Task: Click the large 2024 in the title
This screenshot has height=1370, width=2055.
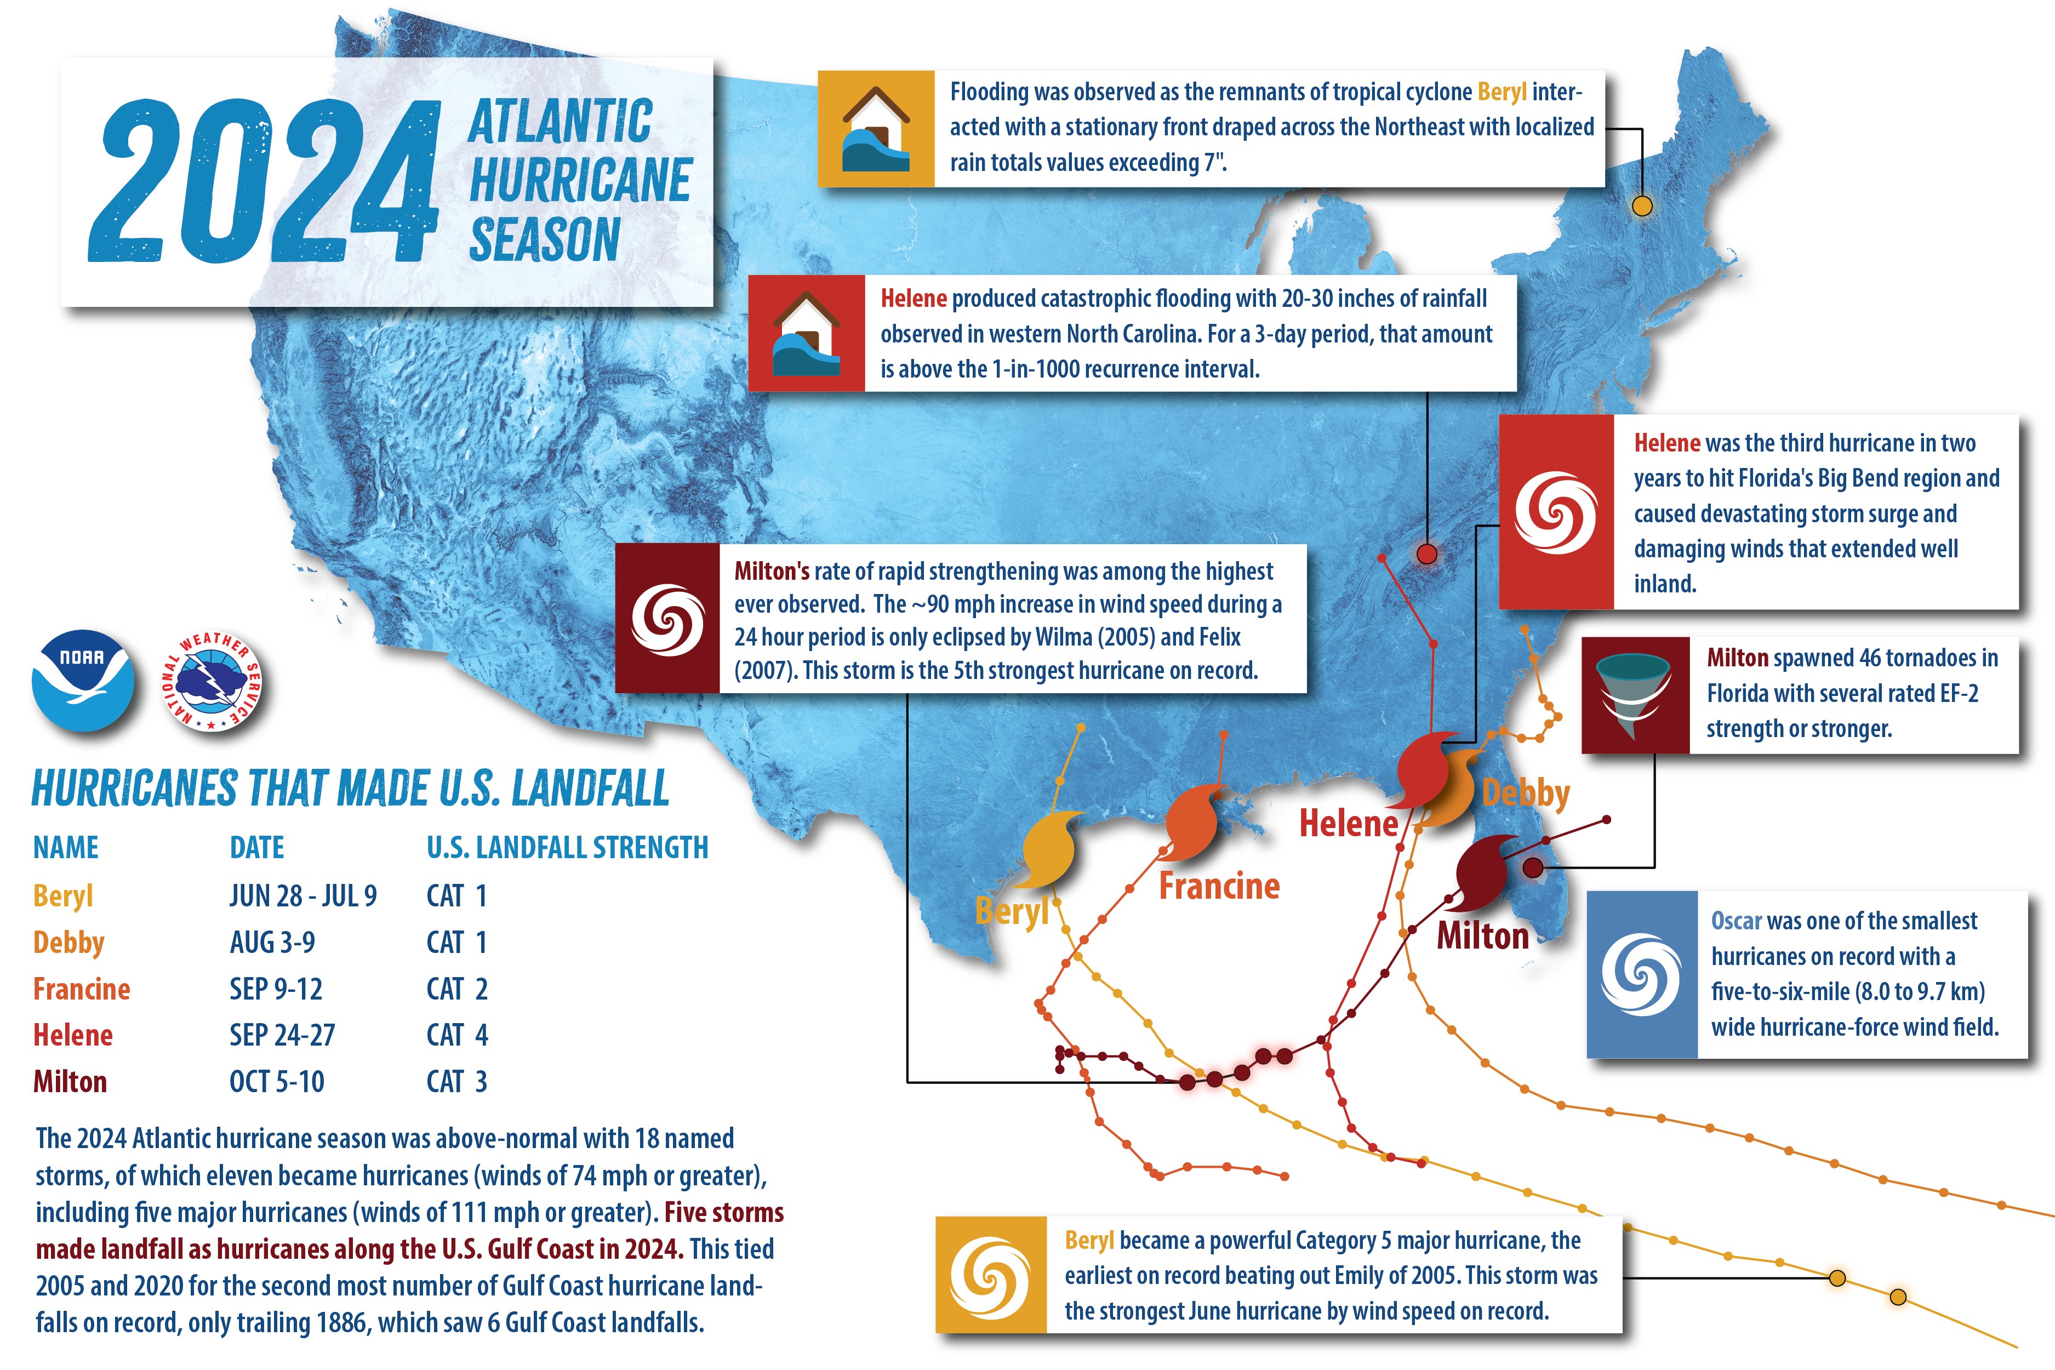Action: click(x=262, y=182)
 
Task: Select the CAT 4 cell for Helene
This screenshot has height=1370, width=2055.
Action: click(x=457, y=1035)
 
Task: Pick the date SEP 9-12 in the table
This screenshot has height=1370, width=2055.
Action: click(x=276, y=989)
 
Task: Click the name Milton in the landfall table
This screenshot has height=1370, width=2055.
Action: click(x=70, y=1082)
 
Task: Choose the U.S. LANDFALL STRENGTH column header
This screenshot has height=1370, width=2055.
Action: click(x=567, y=848)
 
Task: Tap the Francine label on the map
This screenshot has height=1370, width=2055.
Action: click(x=1219, y=886)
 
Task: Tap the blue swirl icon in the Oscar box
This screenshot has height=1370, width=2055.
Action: click(x=1641, y=974)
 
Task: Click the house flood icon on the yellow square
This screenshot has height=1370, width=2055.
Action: click(x=876, y=128)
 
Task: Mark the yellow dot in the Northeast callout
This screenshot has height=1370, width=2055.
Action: click(x=1642, y=206)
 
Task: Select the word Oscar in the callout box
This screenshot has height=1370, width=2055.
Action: click(x=1736, y=921)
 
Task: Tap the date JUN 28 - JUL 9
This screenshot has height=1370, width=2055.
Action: click(x=303, y=895)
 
